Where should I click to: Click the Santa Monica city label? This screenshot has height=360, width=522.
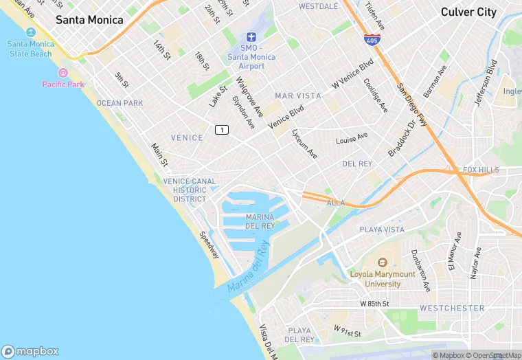coord(89,20)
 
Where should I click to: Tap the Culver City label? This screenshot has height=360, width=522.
coord(468,12)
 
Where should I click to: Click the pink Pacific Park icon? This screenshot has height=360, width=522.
coord(63,73)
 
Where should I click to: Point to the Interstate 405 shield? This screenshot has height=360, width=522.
coord(372,39)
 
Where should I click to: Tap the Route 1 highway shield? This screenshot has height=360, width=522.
coord(221,130)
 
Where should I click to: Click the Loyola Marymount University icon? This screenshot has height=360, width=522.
coord(383,262)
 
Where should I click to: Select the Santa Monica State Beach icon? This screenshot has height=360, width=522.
coord(30,33)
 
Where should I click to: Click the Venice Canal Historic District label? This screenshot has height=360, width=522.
coord(190,190)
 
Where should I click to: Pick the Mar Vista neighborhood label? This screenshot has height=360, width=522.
coord(298,95)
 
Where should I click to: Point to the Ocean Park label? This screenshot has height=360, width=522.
coord(120,103)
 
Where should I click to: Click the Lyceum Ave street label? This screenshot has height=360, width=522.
coord(304,144)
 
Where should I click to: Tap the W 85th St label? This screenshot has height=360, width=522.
coord(374,303)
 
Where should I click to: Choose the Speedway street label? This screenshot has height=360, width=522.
coord(209,245)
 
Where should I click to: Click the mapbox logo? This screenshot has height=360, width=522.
coord(31,351)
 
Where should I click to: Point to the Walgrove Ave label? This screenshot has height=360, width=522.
coord(250,96)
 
